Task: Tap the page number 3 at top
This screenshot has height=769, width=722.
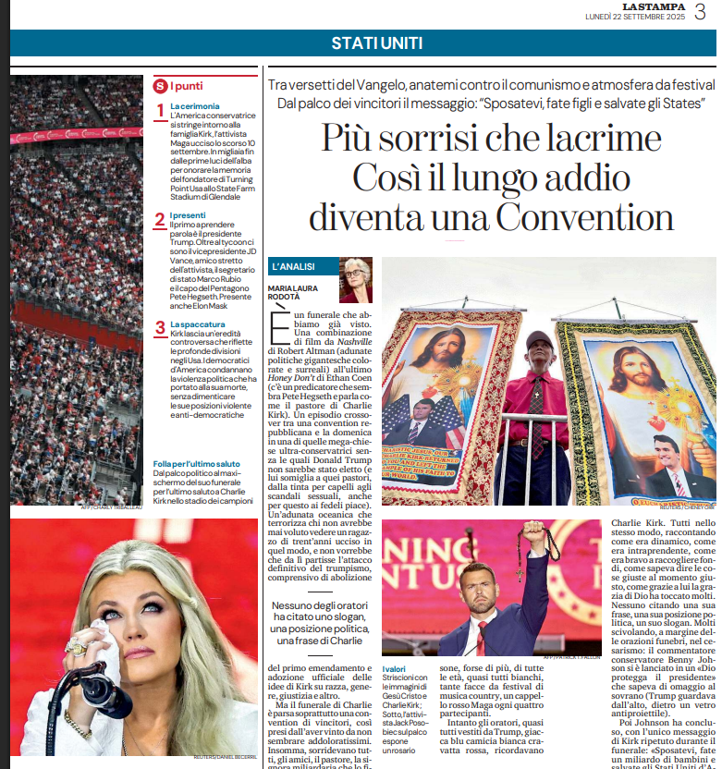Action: (701, 13)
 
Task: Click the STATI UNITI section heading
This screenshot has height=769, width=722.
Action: (377, 43)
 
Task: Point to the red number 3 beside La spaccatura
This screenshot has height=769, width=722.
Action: (160, 327)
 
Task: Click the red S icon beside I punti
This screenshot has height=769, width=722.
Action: (159, 86)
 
